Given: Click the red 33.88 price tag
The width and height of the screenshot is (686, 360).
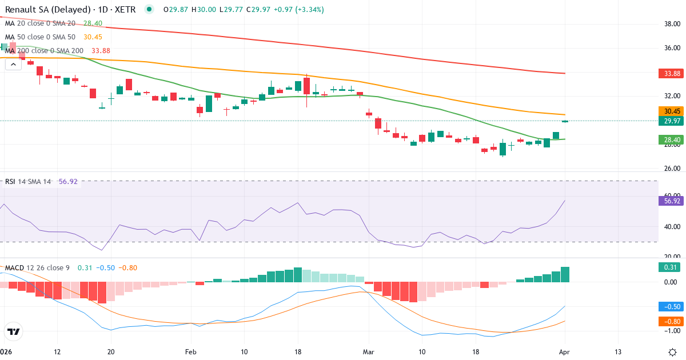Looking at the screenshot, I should click(x=672, y=74).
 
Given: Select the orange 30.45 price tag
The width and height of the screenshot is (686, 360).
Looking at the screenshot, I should click(x=672, y=111).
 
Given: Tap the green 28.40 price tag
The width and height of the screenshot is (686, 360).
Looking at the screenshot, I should click(x=672, y=139).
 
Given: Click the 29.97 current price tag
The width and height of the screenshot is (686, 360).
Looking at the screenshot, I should click(x=672, y=121).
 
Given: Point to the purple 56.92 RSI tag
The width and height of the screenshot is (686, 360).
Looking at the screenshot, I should click(x=672, y=201).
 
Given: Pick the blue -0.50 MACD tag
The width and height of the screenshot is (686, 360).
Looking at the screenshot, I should click(x=672, y=306).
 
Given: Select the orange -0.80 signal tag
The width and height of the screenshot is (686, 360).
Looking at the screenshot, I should click(x=672, y=321).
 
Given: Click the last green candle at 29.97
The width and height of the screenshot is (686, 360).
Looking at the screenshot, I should click(x=565, y=121).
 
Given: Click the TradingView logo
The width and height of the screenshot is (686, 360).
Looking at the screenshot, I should click(x=14, y=331).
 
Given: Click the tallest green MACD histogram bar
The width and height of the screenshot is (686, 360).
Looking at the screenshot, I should click(x=565, y=274).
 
